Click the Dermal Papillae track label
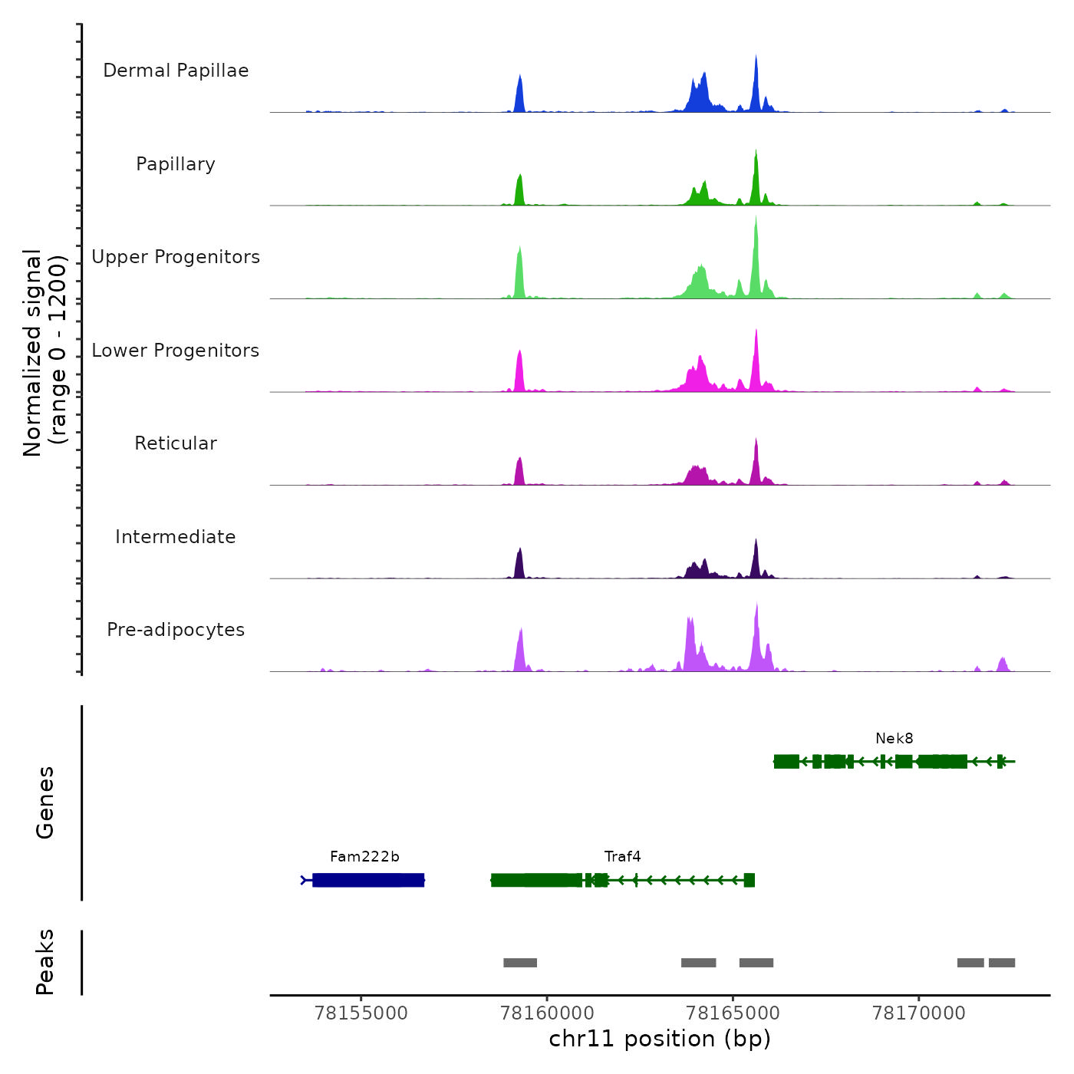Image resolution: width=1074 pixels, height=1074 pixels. click(x=176, y=71)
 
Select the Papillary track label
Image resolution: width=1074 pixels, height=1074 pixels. click(x=176, y=164)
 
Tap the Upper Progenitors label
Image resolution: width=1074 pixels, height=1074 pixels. click(x=176, y=257)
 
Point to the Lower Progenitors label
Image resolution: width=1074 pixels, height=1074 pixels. click(x=176, y=351)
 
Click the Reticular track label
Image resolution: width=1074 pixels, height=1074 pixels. click(x=176, y=443)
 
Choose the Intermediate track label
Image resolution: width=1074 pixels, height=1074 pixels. click(x=176, y=537)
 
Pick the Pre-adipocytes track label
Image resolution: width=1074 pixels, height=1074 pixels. click(x=176, y=630)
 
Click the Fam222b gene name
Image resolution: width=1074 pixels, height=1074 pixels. click(x=364, y=857)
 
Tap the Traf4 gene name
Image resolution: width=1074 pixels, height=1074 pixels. click(x=622, y=857)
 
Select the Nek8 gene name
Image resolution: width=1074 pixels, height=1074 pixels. click(x=894, y=739)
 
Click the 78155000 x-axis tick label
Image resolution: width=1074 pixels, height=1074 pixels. click(x=361, y=1013)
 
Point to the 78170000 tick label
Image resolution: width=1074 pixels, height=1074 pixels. click(x=919, y=1013)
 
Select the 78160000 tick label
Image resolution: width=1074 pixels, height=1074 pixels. click(x=547, y=1013)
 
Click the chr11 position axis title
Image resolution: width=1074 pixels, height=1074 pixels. click(x=660, y=1039)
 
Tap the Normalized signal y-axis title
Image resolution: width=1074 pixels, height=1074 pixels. click(x=44, y=353)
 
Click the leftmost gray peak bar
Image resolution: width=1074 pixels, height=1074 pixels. click(x=520, y=963)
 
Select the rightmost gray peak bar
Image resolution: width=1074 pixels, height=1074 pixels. click(x=1002, y=963)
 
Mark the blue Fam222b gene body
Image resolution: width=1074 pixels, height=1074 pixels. click(x=368, y=880)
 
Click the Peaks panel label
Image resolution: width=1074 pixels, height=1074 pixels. click(x=45, y=962)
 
